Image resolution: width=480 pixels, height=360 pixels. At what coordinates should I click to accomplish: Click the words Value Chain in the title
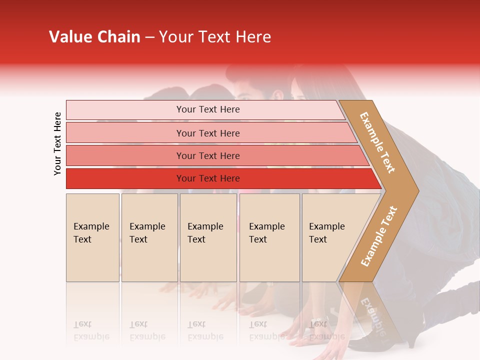[x=94, y=37]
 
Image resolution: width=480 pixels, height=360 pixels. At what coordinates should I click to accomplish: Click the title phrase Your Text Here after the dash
[x=215, y=37]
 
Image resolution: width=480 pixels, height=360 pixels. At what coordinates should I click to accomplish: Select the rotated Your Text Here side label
[x=57, y=143]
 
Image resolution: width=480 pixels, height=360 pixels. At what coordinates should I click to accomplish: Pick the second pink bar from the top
[x=207, y=133]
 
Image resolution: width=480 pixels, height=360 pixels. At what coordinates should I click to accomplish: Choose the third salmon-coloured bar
[x=207, y=155]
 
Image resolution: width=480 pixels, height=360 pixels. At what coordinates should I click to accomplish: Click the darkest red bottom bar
[x=207, y=178]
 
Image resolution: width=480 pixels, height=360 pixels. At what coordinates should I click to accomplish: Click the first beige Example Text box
[x=92, y=237]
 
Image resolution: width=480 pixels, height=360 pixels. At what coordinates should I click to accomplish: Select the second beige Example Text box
[x=149, y=237]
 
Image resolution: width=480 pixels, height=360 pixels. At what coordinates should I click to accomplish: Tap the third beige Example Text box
[x=208, y=237]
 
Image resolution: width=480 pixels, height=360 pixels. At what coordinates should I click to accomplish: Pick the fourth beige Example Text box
[x=269, y=237]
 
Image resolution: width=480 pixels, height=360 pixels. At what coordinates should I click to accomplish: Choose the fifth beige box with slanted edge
[x=330, y=237]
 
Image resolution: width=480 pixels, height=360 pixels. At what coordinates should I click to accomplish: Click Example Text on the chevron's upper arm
[x=377, y=142]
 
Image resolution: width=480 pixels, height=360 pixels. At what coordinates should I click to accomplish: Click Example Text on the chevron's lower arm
[x=379, y=236]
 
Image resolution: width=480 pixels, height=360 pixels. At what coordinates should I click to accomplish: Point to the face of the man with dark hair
[x=246, y=90]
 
